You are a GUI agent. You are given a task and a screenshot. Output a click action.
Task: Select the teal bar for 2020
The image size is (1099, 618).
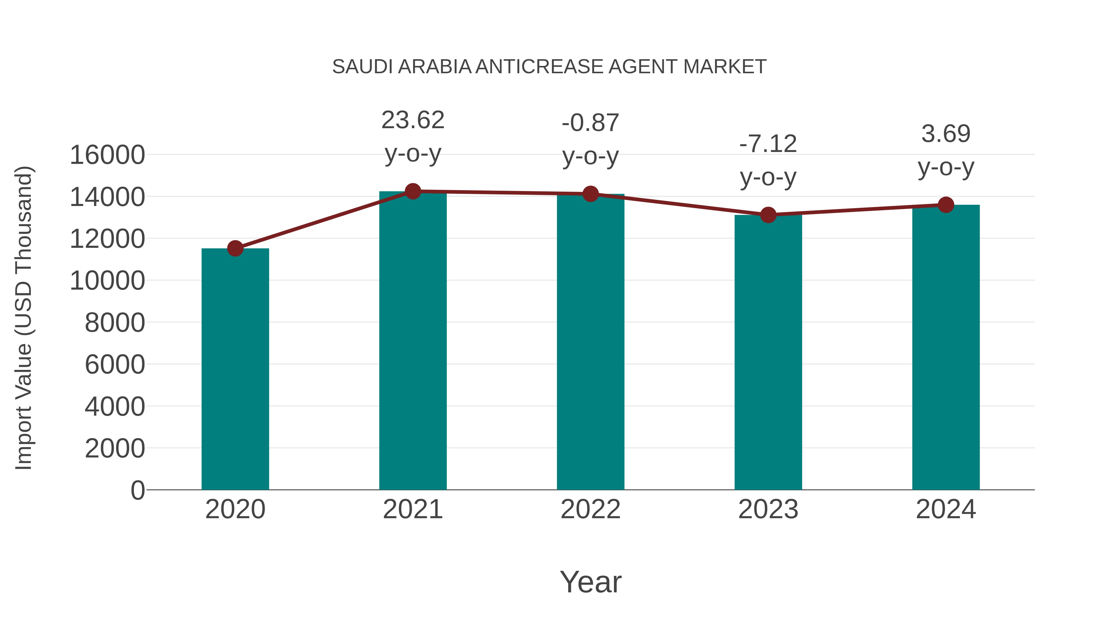pos(235,369)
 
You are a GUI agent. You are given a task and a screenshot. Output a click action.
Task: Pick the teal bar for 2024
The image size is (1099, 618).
pos(946,347)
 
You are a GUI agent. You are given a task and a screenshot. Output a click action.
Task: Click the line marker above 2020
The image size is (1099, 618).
pos(235,248)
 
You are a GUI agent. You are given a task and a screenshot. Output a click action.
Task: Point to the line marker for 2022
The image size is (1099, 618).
pos(590,194)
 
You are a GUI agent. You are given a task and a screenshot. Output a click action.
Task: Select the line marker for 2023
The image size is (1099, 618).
pos(768,215)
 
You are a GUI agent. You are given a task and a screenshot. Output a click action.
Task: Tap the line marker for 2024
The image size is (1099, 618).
pos(946,205)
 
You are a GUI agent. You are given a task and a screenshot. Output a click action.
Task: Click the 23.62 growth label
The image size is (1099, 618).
pos(412,120)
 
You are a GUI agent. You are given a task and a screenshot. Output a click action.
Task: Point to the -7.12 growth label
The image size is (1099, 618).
pos(768,144)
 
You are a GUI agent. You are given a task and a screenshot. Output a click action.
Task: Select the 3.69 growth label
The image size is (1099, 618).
pos(946,134)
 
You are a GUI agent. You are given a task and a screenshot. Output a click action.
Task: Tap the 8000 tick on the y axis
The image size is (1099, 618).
pos(115,323)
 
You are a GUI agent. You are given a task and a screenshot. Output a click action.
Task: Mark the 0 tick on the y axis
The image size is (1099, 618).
pos(138,490)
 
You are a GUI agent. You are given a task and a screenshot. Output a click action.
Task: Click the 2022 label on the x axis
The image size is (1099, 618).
pos(590,509)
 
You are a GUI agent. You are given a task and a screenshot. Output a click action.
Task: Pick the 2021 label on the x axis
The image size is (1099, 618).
pos(412,509)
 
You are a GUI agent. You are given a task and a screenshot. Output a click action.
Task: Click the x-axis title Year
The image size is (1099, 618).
pos(590,582)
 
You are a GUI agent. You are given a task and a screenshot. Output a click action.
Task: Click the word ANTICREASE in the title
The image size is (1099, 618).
pos(539,67)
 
